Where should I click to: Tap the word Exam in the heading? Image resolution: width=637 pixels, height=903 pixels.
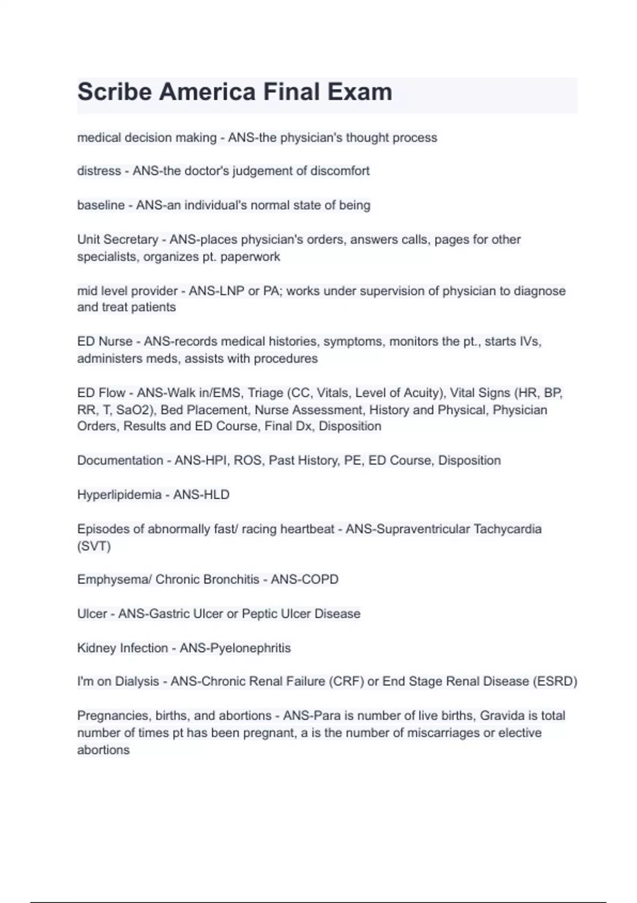[x=359, y=92]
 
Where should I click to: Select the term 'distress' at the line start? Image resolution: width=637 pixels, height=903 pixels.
[x=99, y=171]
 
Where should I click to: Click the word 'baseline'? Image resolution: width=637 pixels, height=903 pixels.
[x=101, y=205]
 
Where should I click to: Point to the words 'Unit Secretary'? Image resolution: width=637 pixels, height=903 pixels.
[x=117, y=240]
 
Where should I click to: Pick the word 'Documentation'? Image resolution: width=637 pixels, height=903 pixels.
[x=120, y=461]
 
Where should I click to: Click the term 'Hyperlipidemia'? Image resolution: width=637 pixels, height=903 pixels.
[x=119, y=495]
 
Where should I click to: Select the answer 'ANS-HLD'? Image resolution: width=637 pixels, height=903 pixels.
[x=201, y=495]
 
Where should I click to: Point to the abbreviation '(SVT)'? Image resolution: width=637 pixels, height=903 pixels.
[x=94, y=546]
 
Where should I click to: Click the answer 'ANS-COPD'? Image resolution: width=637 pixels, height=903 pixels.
[x=304, y=580]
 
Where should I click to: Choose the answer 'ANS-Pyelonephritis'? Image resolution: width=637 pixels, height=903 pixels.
[x=235, y=648]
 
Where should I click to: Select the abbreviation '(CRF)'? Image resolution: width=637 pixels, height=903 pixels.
[x=346, y=681]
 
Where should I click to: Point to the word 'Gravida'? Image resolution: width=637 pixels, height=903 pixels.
[x=502, y=716]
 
